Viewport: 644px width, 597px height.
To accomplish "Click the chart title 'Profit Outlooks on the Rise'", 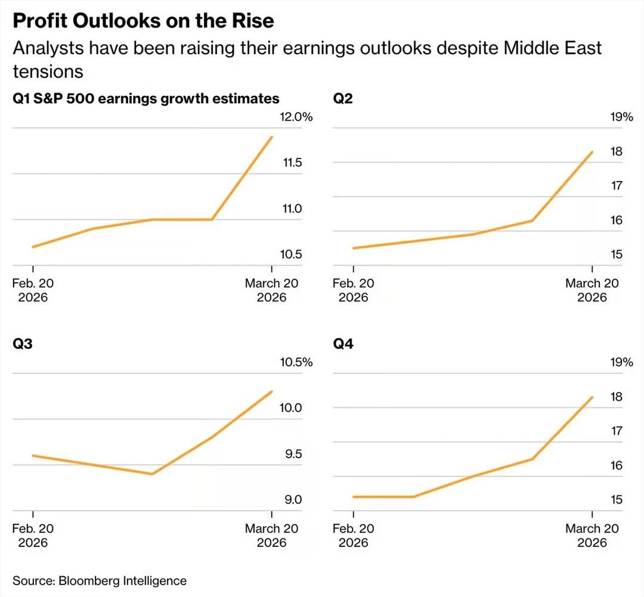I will pyautogui.click(x=143, y=21).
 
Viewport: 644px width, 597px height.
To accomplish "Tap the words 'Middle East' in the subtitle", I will pyautogui.click(x=553, y=48).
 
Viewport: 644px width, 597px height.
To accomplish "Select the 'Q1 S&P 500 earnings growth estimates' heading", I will pyautogui.click(x=146, y=98).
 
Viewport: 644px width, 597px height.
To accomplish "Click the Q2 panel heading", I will pyautogui.click(x=343, y=98).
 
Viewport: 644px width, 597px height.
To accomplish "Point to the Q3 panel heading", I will pyautogui.click(x=22, y=344).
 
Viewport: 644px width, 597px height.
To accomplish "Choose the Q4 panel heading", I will pyautogui.click(x=343, y=344).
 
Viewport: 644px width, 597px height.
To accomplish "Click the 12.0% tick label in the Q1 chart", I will pyautogui.click(x=296, y=117).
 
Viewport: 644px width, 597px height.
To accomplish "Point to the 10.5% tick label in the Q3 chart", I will pyautogui.click(x=296, y=362).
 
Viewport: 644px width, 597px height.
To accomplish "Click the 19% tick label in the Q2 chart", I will pyautogui.click(x=621, y=117).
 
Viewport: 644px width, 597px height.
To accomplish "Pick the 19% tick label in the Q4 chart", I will pyautogui.click(x=621, y=362).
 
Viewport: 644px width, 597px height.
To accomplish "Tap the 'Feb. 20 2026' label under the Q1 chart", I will pyautogui.click(x=33, y=290).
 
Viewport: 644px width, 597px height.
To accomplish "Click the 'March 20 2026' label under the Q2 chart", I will pyautogui.click(x=592, y=290).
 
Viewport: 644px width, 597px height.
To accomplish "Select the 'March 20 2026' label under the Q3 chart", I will pyautogui.click(x=271, y=535).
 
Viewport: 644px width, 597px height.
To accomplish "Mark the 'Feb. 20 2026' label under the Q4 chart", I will pyautogui.click(x=354, y=535).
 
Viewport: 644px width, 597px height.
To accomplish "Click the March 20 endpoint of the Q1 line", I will pyautogui.click(x=272, y=137).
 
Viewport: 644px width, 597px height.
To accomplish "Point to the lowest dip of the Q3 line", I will pyautogui.click(x=153, y=474).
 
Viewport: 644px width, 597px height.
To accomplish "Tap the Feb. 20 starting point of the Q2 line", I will pyautogui.click(x=354, y=248).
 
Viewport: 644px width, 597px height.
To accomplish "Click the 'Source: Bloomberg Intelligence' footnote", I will pyautogui.click(x=100, y=580).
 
